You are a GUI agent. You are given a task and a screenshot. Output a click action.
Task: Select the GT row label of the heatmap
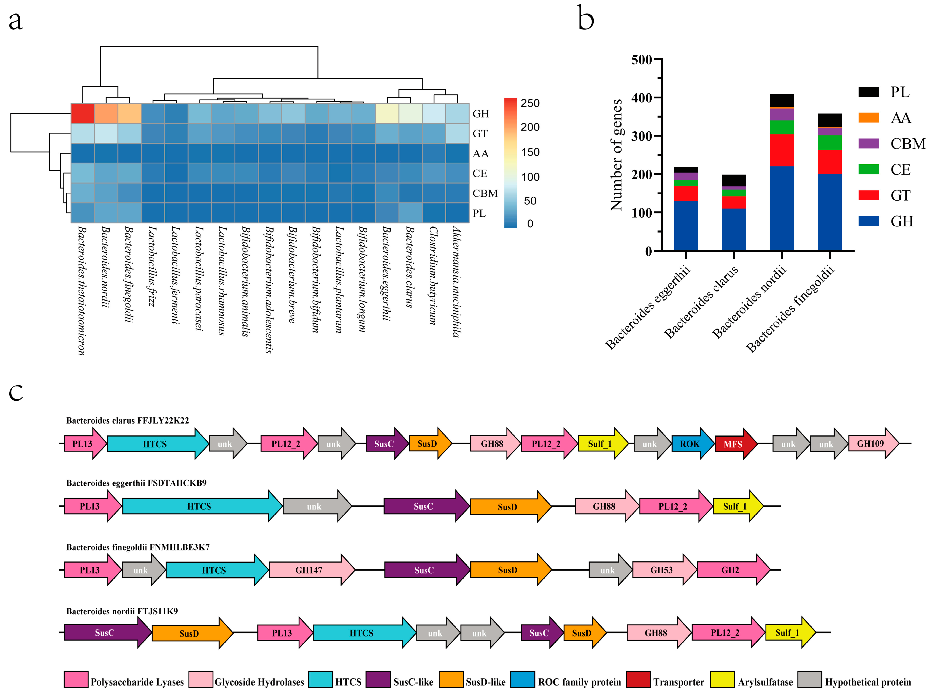pos(480,133)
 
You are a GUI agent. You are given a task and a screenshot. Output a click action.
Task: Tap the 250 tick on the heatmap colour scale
pos(530,103)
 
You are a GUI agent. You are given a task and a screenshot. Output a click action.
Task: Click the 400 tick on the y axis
pos(641,98)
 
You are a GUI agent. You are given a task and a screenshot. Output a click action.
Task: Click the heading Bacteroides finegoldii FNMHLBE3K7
pos(138,547)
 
